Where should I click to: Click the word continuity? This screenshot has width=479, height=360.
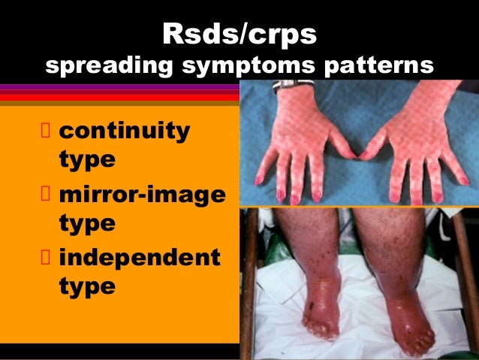click(x=124, y=132)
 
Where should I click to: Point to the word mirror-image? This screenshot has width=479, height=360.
click(x=140, y=195)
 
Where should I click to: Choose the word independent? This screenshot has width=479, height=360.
click(x=139, y=258)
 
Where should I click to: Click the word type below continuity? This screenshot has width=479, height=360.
click(x=86, y=160)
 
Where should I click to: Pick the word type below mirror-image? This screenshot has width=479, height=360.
click(x=86, y=223)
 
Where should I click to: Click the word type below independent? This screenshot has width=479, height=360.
click(x=86, y=286)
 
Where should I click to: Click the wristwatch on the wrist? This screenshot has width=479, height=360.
click(x=287, y=85)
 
